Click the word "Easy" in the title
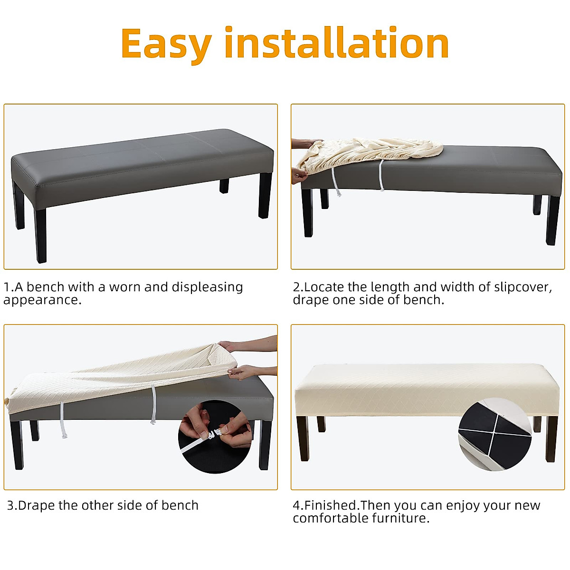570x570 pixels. pyautogui.click(x=166, y=44)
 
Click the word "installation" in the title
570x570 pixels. pyautogui.click(x=336, y=43)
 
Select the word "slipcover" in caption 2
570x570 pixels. pyautogui.click(x=522, y=287)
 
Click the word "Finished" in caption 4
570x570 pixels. pyautogui.click(x=331, y=505)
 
